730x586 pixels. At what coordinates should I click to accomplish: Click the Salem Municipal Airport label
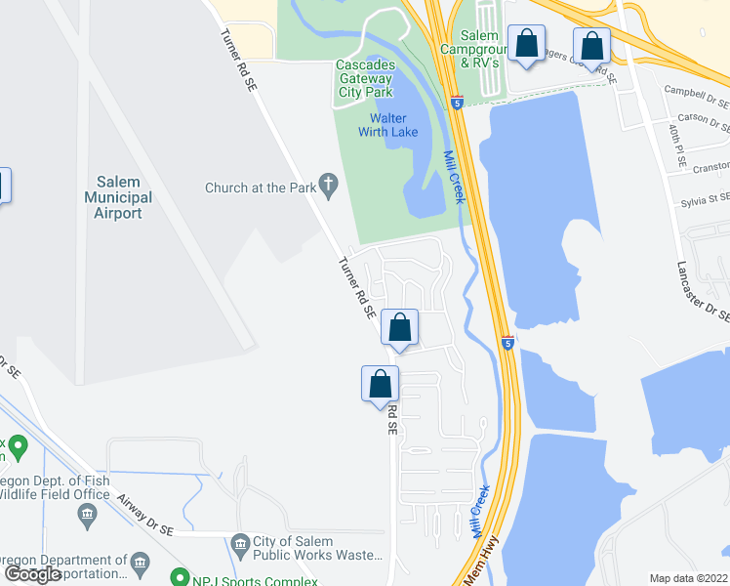pos(124,197)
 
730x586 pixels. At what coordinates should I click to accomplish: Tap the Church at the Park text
pos(260,188)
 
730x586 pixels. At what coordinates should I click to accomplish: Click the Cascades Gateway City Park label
pos(366,79)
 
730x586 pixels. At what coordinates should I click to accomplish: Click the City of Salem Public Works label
pos(317,549)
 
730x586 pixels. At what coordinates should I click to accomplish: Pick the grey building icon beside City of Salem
pos(240,542)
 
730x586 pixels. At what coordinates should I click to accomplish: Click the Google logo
pos(33,575)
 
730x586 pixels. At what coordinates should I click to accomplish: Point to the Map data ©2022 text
pos(687,578)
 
